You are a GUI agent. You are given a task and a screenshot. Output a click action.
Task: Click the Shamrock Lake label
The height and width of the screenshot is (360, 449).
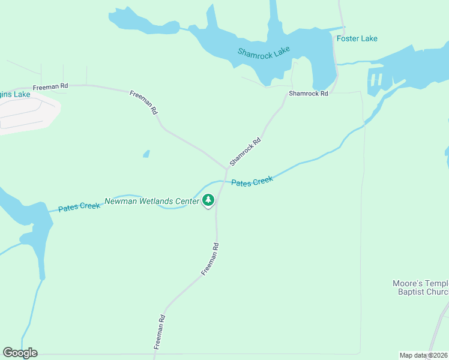tap(264, 53)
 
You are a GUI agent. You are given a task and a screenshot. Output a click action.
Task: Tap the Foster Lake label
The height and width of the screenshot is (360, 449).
tap(357, 38)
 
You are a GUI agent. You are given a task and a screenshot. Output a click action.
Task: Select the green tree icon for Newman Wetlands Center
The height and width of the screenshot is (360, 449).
tap(208, 200)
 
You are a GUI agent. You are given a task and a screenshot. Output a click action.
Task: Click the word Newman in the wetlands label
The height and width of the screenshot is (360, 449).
tap(121, 202)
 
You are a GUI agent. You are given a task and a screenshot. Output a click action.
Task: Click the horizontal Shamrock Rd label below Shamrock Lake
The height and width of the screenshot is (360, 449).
tap(308, 94)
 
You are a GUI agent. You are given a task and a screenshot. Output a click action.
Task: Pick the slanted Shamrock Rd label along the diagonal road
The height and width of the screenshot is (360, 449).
tap(245, 152)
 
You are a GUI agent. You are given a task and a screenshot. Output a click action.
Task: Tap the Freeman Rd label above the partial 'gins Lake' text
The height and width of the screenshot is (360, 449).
tap(50, 86)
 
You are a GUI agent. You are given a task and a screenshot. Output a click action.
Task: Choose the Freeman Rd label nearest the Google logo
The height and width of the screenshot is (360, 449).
tap(159, 332)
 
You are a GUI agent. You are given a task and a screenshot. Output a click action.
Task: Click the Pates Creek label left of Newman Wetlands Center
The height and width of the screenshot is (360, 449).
tap(79, 207)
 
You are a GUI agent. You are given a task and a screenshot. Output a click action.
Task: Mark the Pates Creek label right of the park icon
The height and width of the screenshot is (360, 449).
tap(252, 181)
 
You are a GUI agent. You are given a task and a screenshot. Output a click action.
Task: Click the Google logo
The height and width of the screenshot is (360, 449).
tap(20, 353)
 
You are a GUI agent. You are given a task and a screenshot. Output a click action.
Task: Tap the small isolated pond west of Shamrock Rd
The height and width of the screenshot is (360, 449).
tap(146, 154)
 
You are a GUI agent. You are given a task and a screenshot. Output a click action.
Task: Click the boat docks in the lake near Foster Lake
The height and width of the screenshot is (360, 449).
tap(376, 80)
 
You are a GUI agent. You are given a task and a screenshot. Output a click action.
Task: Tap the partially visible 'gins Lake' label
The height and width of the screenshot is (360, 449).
tap(14, 95)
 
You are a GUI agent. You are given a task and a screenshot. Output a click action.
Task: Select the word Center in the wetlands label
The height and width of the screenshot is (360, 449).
tap(187, 202)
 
